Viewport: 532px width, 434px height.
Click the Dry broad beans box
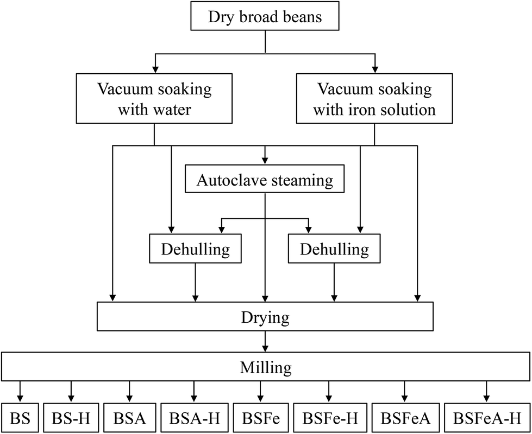[265, 17]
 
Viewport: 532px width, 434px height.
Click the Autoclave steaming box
[265, 180]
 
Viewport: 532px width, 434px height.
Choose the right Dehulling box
[334, 250]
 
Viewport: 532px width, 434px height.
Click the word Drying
[265, 317]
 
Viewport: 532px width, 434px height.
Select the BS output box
[20, 419]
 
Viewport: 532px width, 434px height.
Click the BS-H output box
[70, 419]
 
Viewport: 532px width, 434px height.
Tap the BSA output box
[129, 419]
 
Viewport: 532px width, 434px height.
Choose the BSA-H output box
[193, 419]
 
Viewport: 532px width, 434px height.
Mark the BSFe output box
[260, 419]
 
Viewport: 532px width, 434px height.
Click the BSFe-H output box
[329, 419]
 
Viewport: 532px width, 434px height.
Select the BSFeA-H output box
[486, 419]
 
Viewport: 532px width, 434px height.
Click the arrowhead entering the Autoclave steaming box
[265, 160]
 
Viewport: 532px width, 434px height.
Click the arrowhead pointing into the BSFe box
[260, 399]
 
